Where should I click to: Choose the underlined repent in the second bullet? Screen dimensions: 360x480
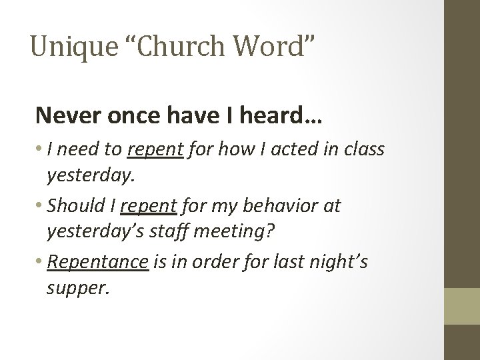(x=149, y=207)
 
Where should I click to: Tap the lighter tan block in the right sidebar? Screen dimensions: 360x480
(x=463, y=305)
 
